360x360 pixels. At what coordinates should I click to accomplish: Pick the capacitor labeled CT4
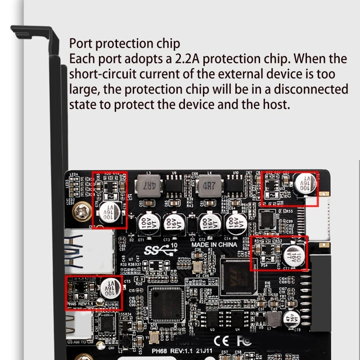point(234,222)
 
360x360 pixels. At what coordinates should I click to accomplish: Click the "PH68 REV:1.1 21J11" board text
point(182,351)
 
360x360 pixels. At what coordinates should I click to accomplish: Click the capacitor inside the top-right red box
point(306,184)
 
